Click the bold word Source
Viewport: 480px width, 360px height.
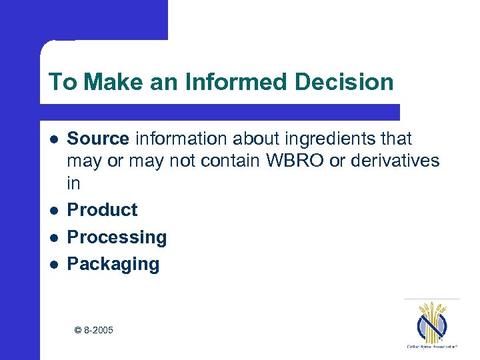[98, 139]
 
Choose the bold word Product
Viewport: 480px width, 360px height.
[102, 209]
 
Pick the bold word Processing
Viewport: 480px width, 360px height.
[117, 237]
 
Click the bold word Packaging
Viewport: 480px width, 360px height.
[113, 264]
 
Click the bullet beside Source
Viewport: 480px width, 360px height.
[53, 139]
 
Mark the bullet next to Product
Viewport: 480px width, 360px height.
[53, 210]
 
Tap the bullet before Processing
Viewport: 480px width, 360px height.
[53, 237]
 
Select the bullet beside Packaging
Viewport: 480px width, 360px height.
[53, 265]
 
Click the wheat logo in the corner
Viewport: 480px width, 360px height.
[431, 320]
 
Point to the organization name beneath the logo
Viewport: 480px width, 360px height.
[431, 347]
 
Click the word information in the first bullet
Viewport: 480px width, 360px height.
[174, 139]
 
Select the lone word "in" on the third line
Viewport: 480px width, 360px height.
[73, 183]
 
